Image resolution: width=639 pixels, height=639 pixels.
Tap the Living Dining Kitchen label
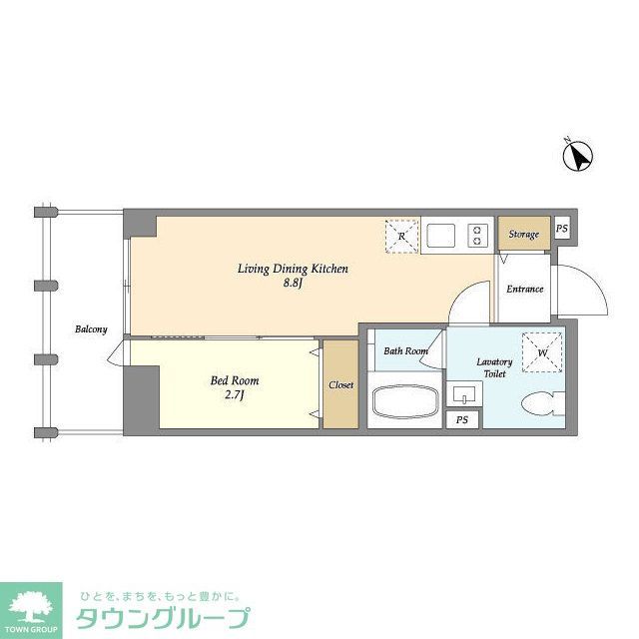tap(292, 269)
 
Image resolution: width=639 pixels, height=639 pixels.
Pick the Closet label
tap(340, 384)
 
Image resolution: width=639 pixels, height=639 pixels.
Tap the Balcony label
tap(90, 329)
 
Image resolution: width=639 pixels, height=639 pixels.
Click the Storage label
tap(523, 235)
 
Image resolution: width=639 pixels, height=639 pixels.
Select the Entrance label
tap(524, 290)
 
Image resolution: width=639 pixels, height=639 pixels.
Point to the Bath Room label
tap(405, 350)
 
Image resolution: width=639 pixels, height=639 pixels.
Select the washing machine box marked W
tap(541, 350)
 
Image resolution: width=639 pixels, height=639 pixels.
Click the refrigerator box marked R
tap(401, 237)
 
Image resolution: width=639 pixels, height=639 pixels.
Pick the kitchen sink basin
tap(441, 237)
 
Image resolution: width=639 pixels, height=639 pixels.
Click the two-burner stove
tap(478, 237)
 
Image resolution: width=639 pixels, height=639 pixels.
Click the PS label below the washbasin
tap(461, 420)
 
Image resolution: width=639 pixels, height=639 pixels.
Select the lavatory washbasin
tap(464, 393)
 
